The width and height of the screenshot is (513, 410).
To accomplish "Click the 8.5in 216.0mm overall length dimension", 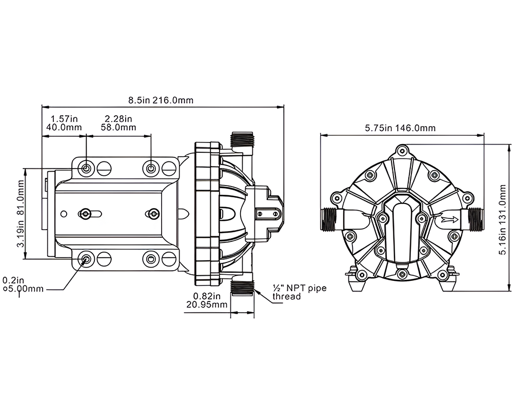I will click(x=161, y=100).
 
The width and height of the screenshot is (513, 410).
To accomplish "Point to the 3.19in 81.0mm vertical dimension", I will click(x=22, y=213).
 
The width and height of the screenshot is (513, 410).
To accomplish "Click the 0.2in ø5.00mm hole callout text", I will click(x=23, y=284).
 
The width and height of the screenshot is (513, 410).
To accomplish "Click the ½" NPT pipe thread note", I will click(x=299, y=292).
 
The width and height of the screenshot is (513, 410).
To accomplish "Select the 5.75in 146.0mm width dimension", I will click(x=400, y=128).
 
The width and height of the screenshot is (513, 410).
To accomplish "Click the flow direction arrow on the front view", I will click(x=448, y=220).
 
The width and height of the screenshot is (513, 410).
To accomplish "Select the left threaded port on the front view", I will click(x=328, y=219).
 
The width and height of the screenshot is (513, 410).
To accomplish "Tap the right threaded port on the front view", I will click(x=476, y=219).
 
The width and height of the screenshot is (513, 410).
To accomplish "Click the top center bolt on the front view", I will click(x=402, y=150).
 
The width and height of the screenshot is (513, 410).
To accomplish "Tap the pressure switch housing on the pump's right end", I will click(x=268, y=211).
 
